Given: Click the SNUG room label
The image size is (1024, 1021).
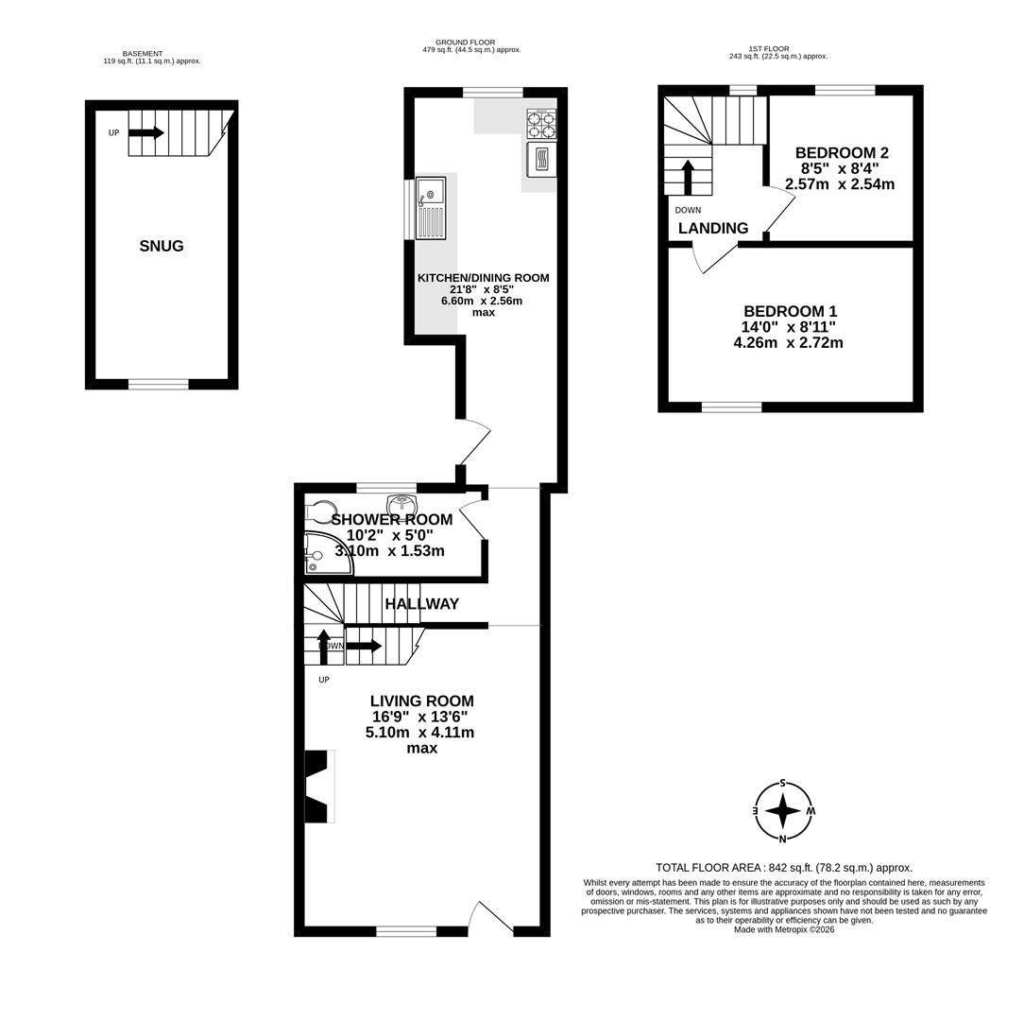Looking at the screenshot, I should tap(162, 246).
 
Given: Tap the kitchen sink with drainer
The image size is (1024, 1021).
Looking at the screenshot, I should tap(430, 208).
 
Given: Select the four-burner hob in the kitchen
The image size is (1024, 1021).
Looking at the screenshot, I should tap(541, 124).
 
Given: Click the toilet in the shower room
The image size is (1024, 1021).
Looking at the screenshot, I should tap(320, 512).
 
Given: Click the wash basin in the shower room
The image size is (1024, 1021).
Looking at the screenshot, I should tap(402, 506).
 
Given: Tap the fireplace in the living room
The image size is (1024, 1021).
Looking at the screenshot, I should tap(318, 786).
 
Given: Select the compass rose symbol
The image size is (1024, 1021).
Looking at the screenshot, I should tap(782, 810).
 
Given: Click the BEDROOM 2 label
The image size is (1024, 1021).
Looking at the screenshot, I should tap(841, 153).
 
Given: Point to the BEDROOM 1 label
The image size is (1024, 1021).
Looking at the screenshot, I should tap(790, 311).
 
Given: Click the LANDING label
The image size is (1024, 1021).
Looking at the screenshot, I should tap(713, 228).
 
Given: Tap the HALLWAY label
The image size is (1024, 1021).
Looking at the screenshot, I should tap(421, 603).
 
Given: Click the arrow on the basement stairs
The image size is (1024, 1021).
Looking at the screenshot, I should tap(146, 133).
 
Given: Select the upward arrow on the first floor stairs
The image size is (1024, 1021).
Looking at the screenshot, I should tap(688, 177).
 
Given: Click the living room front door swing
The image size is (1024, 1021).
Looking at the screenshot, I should tap(491, 917).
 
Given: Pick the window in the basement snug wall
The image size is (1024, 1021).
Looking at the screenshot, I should tap(158, 384).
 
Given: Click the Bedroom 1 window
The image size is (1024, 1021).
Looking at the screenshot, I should tap(731, 407).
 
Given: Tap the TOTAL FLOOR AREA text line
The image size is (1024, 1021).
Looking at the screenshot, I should tap(784, 867).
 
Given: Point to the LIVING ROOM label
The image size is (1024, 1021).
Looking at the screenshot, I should tap(421, 701).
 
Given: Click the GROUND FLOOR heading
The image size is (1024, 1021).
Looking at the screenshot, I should tap(465, 43).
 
